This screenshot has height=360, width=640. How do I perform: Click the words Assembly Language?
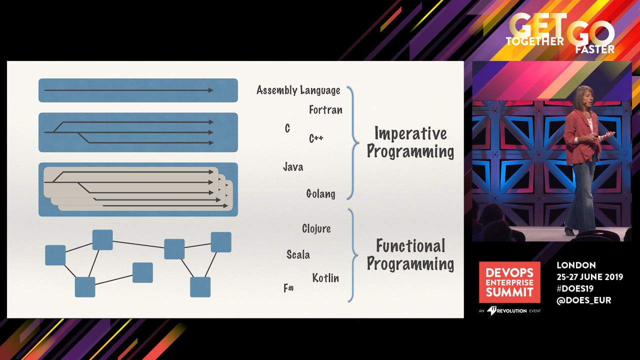pyautogui.click(x=298, y=90)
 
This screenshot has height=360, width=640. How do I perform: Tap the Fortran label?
pyautogui.click(x=325, y=110)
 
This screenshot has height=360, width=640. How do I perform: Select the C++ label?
pyautogui.click(x=316, y=138)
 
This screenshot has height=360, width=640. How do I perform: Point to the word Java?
pyautogui.click(x=293, y=166)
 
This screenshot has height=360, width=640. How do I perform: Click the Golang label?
pyautogui.click(x=320, y=193)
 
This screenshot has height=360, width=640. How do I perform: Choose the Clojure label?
pyautogui.click(x=316, y=228)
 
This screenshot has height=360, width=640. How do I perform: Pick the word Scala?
pyautogui.click(x=298, y=254)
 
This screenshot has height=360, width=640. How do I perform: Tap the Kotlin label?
pyautogui.click(x=325, y=278)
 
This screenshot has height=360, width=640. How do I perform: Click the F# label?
pyautogui.click(x=288, y=288)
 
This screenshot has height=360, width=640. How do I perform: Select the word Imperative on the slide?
pyautogui.click(x=410, y=133)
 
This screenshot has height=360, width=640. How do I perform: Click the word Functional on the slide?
pyautogui.click(x=410, y=246)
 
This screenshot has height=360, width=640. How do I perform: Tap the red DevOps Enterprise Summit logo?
pyautogui.click(x=509, y=282)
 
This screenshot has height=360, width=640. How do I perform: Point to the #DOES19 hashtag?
pyautogui.click(x=575, y=289)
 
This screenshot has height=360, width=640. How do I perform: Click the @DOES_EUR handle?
pyautogui.click(x=584, y=300)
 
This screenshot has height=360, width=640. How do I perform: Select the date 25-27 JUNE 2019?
pyautogui.click(x=589, y=277)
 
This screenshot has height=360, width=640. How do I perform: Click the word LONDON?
pyautogui.click(x=576, y=265)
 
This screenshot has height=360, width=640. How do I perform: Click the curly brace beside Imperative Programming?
pyautogui.click(x=353, y=143)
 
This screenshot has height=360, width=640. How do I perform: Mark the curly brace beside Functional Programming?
pyautogui.click(x=353, y=255)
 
